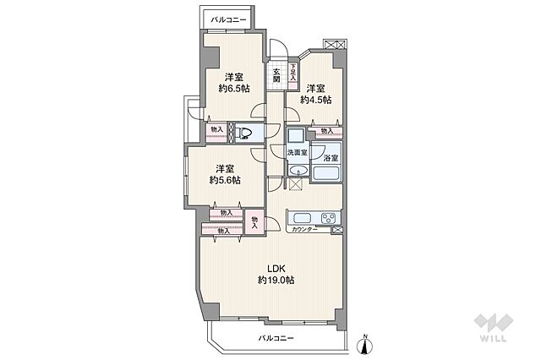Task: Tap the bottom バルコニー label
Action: (276, 338)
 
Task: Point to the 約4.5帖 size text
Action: (318, 100)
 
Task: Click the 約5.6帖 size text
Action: (225, 180)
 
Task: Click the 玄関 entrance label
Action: (276, 75)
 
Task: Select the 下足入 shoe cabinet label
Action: (293, 72)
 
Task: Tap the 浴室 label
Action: (329, 158)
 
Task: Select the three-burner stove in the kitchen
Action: (326, 216)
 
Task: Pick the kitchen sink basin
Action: (297, 216)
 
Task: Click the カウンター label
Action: (303, 229)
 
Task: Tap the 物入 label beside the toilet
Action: (216, 129)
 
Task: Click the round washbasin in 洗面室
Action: (296, 172)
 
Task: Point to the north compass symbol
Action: (365, 342)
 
